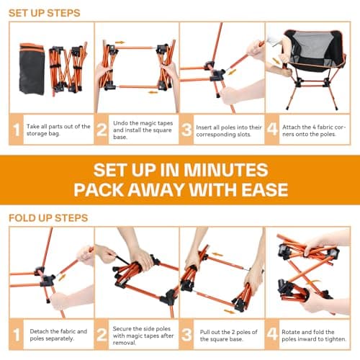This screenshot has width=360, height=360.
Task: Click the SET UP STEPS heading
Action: point(45,13)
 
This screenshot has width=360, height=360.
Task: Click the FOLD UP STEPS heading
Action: point(48,217)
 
